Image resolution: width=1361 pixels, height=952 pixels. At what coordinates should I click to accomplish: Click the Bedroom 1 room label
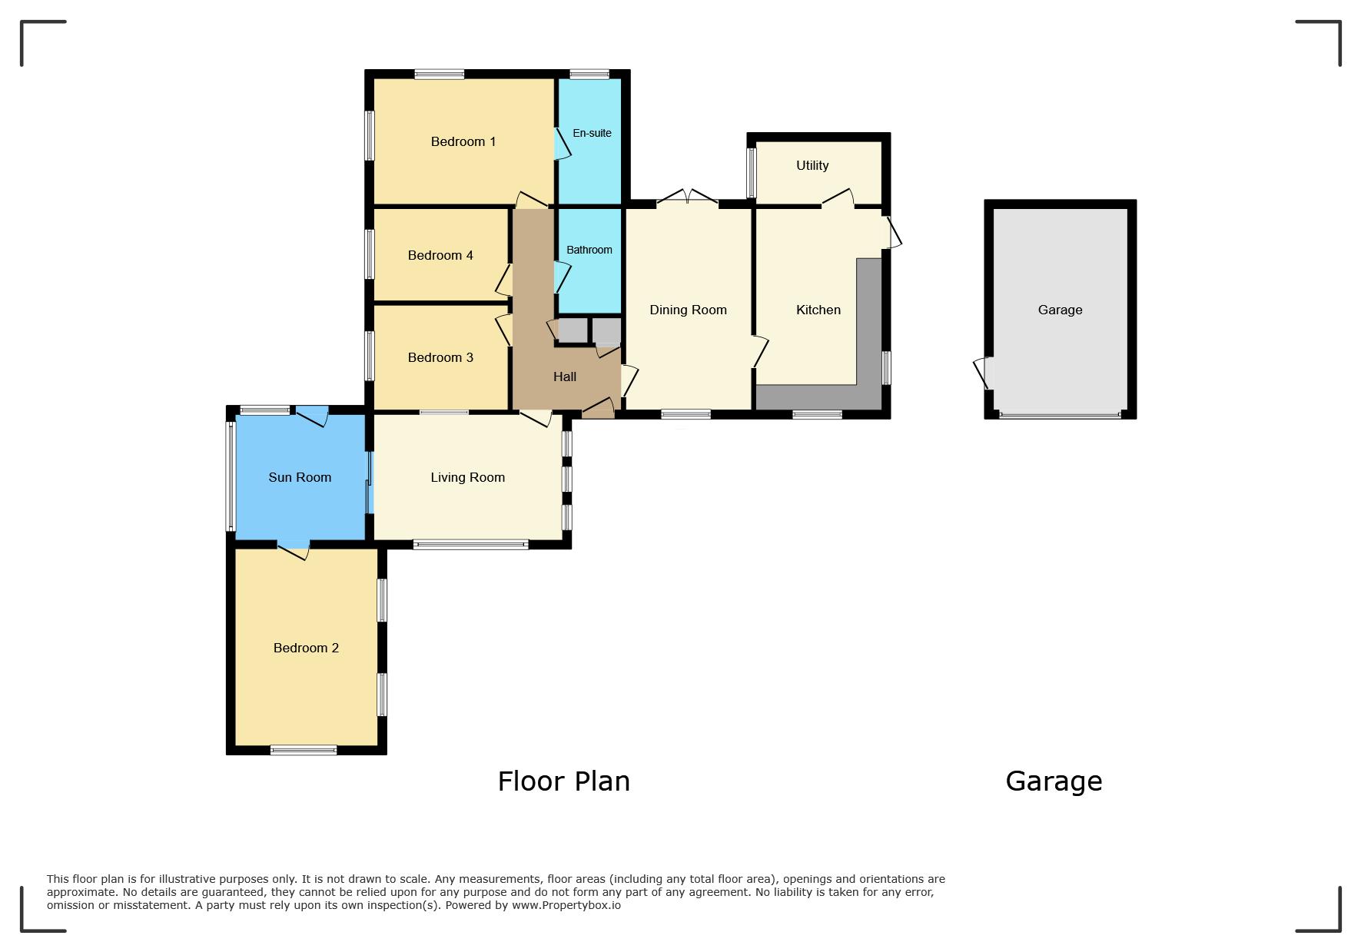[463, 141]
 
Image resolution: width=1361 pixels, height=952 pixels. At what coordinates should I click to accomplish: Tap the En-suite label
[592, 133]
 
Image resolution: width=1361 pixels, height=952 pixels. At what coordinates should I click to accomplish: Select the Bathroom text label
[589, 250]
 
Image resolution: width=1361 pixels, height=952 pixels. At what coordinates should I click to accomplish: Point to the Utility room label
[812, 165]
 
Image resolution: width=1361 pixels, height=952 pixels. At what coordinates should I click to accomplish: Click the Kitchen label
[818, 310]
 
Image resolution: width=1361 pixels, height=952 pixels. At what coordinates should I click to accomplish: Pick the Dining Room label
[688, 310]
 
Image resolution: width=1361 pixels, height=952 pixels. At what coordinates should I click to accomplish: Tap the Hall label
[565, 376]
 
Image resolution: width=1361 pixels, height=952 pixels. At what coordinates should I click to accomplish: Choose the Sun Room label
[300, 477]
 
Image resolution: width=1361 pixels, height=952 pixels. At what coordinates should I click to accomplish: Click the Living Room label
[467, 477]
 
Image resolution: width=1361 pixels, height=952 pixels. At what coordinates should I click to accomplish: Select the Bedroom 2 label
[306, 648]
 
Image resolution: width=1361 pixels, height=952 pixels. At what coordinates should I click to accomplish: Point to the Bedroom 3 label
[440, 357]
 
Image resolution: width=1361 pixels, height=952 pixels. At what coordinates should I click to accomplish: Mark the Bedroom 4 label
[440, 255]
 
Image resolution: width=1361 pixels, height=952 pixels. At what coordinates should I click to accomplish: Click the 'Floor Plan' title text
[564, 781]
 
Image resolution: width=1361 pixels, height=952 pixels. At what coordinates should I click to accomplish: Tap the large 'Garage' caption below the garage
[1054, 782]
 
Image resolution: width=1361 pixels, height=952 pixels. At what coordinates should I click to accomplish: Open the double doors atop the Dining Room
[688, 197]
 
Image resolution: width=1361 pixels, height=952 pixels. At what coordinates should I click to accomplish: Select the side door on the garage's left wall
[984, 373]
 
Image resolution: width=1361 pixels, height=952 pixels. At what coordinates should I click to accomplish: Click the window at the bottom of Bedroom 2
[304, 750]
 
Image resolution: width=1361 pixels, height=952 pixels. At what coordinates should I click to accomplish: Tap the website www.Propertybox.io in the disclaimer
[566, 905]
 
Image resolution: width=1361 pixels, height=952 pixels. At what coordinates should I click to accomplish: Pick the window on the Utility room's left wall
[752, 173]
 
